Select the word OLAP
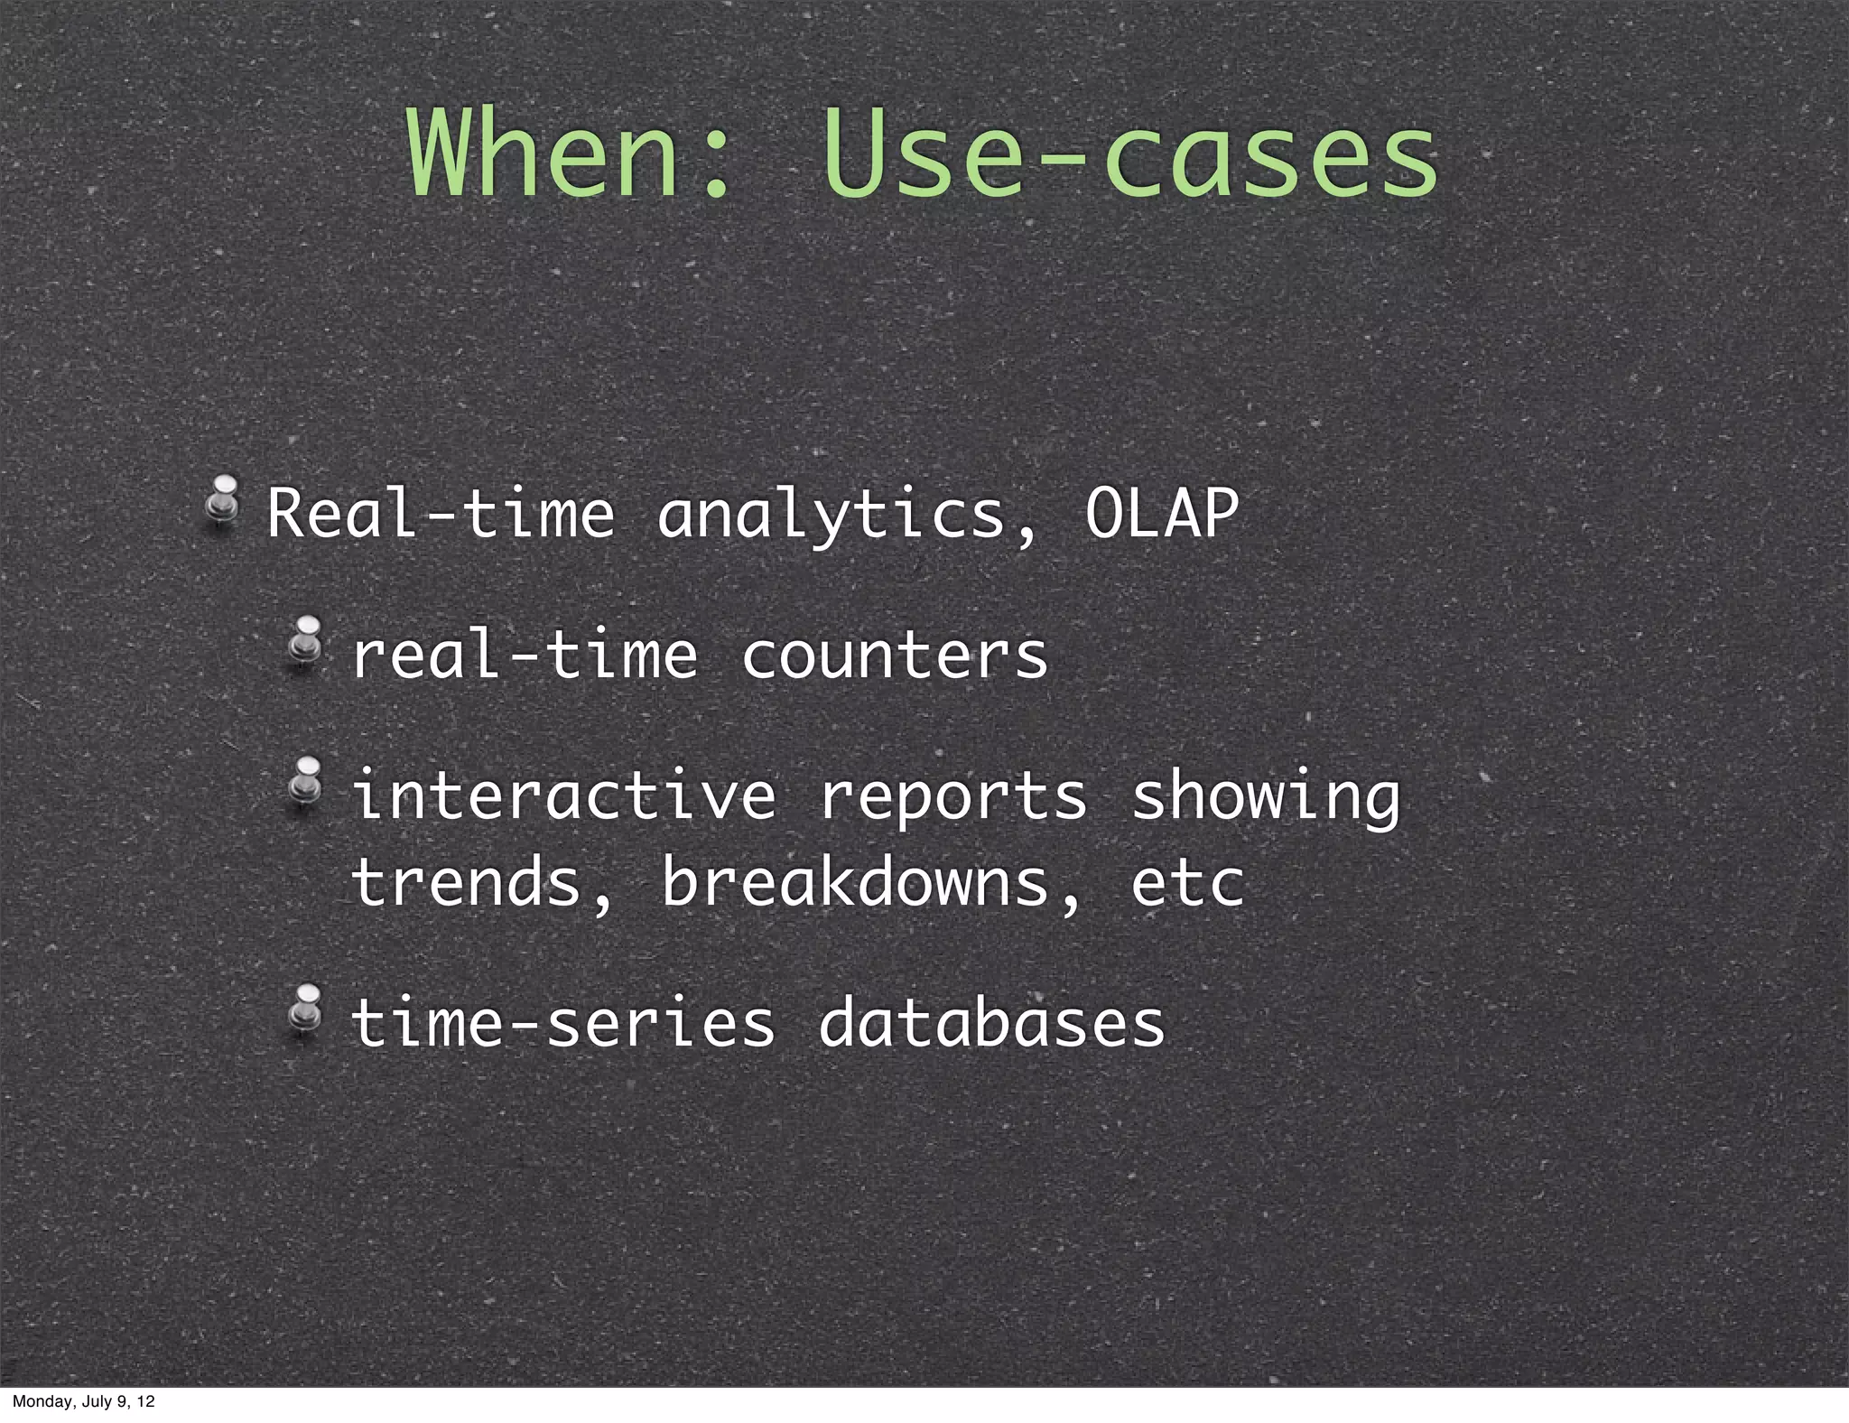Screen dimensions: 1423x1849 point(1161,515)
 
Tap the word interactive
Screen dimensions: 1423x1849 point(562,796)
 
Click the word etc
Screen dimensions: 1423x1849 point(1187,884)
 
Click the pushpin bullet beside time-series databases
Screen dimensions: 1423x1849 point(304,1010)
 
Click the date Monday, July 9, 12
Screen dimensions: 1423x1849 point(83,1401)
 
